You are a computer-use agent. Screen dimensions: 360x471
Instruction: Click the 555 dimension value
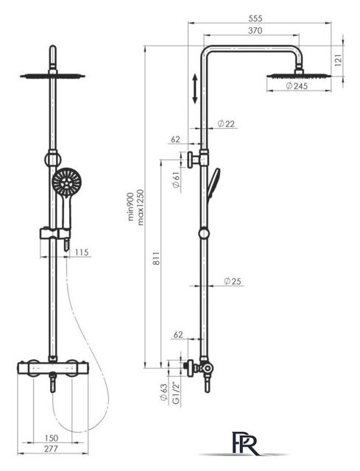click(x=255, y=18)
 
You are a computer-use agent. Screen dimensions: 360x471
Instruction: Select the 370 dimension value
click(x=255, y=31)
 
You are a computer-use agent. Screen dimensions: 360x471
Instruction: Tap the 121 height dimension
click(x=338, y=60)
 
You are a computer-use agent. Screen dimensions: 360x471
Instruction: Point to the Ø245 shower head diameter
click(x=297, y=86)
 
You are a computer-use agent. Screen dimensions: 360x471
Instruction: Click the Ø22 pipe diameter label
click(x=226, y=124)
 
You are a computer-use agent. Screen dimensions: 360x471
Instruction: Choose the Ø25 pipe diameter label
click(x=233, y=281)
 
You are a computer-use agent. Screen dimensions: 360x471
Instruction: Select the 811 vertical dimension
click(x=157, y=258)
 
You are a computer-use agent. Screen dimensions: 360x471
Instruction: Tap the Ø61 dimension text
click(x=176, y=180)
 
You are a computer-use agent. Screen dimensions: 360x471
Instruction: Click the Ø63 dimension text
click(x=163, y=392)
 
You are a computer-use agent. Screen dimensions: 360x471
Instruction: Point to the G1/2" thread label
click(x=176, y=393)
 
